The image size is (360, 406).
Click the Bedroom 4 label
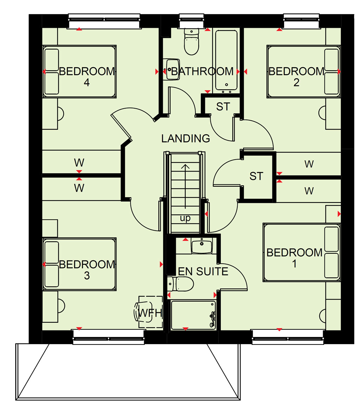tap(87, 77)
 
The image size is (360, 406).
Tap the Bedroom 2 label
tap(296, 77)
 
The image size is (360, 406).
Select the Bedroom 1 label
tap(295, 258)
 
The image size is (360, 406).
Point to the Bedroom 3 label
tap(87, 270)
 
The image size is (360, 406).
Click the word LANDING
tap(186, 138)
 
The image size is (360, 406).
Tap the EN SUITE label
tap(203, 271)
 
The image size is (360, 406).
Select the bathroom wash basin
tap(172, 69)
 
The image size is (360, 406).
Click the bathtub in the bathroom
tap(226, 61)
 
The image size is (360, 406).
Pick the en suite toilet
tap(180, 284)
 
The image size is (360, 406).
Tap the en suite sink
tap(202, 246)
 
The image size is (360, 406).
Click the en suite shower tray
tap(193, 315)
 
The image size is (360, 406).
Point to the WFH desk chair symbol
tap(143, 311)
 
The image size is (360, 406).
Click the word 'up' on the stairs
tap(185, 218)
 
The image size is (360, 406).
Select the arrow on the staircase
tap(185, 186)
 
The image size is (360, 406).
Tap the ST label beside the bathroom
tap(223, 107)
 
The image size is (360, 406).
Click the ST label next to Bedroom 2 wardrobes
tap(256, 176)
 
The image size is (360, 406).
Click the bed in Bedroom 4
tap(79, 71)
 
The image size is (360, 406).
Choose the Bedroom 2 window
tap(302, 21)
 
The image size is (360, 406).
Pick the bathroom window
tap(191, 21)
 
